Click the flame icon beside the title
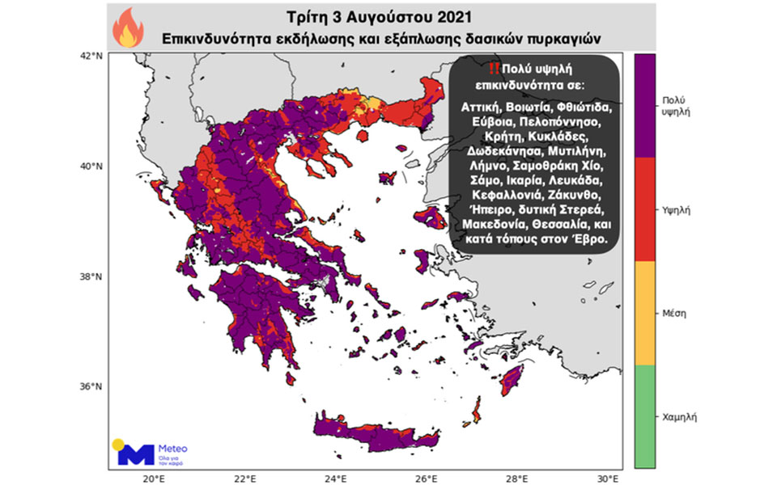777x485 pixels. (127, 27)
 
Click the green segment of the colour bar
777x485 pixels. (644, 415)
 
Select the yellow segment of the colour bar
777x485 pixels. (644, 312)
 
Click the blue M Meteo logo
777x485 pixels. (135, 453)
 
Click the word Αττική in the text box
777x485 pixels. (479, 106)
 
